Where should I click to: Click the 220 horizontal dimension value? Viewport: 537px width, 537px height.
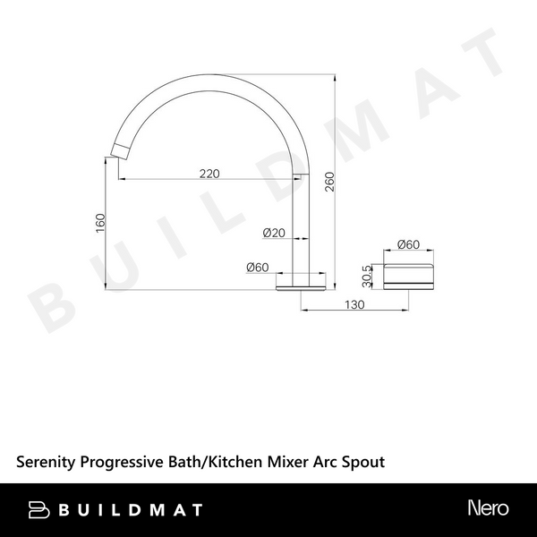[x=209, y=174]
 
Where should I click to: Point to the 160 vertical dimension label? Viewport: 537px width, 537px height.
[x=100, y=223]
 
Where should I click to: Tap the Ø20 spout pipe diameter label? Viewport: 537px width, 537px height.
[x=274, y=233]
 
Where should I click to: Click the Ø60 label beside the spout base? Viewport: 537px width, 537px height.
[x=259, y=266]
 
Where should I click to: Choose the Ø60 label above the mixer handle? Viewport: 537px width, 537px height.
[x=409, y=244]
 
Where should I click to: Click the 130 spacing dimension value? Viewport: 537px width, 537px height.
[x=353, y=305]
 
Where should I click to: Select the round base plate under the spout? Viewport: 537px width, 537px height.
[x=301, y=285]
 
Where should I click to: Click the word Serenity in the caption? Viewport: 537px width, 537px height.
[x=47, y=462]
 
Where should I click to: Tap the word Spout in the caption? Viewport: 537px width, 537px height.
[x=366, y=462]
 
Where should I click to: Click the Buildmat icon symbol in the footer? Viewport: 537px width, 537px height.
[x=40, y=509]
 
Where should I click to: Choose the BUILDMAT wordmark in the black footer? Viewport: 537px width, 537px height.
[x=131, y=509]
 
